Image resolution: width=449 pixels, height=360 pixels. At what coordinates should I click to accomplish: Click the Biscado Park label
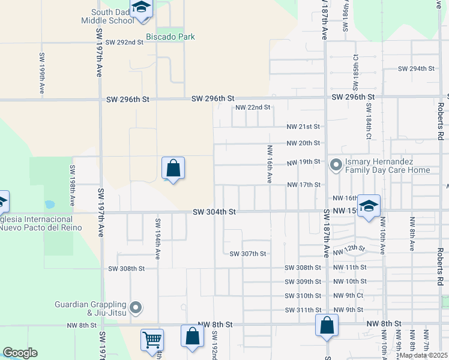(x=175, y=37)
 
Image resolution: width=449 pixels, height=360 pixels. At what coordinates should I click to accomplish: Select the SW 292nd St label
(x=124, y=43)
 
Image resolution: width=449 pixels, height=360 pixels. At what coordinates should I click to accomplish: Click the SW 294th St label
(x=416, y=68)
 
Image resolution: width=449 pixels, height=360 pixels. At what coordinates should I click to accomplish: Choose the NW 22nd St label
(x=253, y=107)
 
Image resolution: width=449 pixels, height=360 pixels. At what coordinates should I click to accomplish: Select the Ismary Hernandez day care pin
(x=336, y=163)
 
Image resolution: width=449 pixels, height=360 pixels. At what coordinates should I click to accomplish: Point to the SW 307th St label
(x=248, y=254)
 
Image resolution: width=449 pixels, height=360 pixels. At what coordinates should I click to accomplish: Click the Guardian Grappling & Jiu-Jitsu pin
(x=136, y=308)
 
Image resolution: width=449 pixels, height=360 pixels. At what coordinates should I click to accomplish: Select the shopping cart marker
(x=152, y=340)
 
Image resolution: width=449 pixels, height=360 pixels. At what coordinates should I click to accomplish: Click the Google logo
(x=20, y=353)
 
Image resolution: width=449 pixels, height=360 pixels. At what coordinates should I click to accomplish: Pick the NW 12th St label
(x=349, y=250)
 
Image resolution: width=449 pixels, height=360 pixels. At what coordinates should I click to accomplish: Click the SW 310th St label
(x=303, y=296)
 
